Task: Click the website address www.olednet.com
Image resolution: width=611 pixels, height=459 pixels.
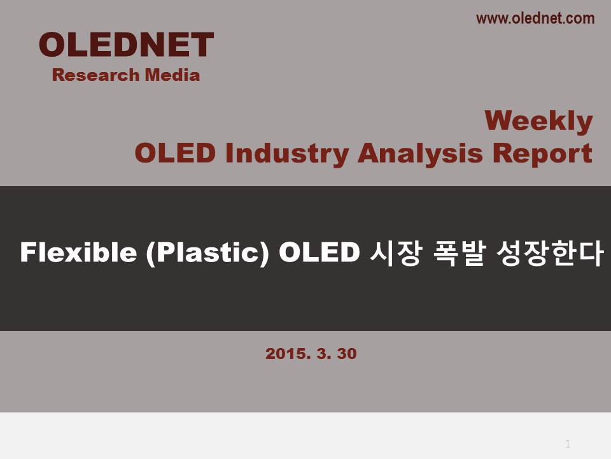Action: (x=535, y=18)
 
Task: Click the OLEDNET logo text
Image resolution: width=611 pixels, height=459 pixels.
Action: (x=126, y=45)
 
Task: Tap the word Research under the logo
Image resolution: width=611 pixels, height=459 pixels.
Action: (x=95, y=75)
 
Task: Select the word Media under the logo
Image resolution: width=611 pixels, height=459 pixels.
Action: (x=172, y=75)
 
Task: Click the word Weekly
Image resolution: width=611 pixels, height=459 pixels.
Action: (x=538, y=121)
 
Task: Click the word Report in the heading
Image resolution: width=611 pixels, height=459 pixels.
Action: (x=542, y=154)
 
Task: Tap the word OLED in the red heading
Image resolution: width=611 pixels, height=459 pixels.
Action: (x=176, y=153)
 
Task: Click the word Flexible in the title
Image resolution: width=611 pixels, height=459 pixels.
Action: (x=78, y=252)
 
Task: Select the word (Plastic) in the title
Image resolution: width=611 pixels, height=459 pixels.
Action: (x=207, y=253)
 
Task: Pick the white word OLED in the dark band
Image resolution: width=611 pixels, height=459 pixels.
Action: (x=319, y=252)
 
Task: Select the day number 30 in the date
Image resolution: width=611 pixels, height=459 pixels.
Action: (x=347, y=354)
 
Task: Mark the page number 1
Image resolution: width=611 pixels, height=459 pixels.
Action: (x=568, y=444)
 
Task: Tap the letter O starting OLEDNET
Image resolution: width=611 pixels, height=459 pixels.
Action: (x=52, y=45)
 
